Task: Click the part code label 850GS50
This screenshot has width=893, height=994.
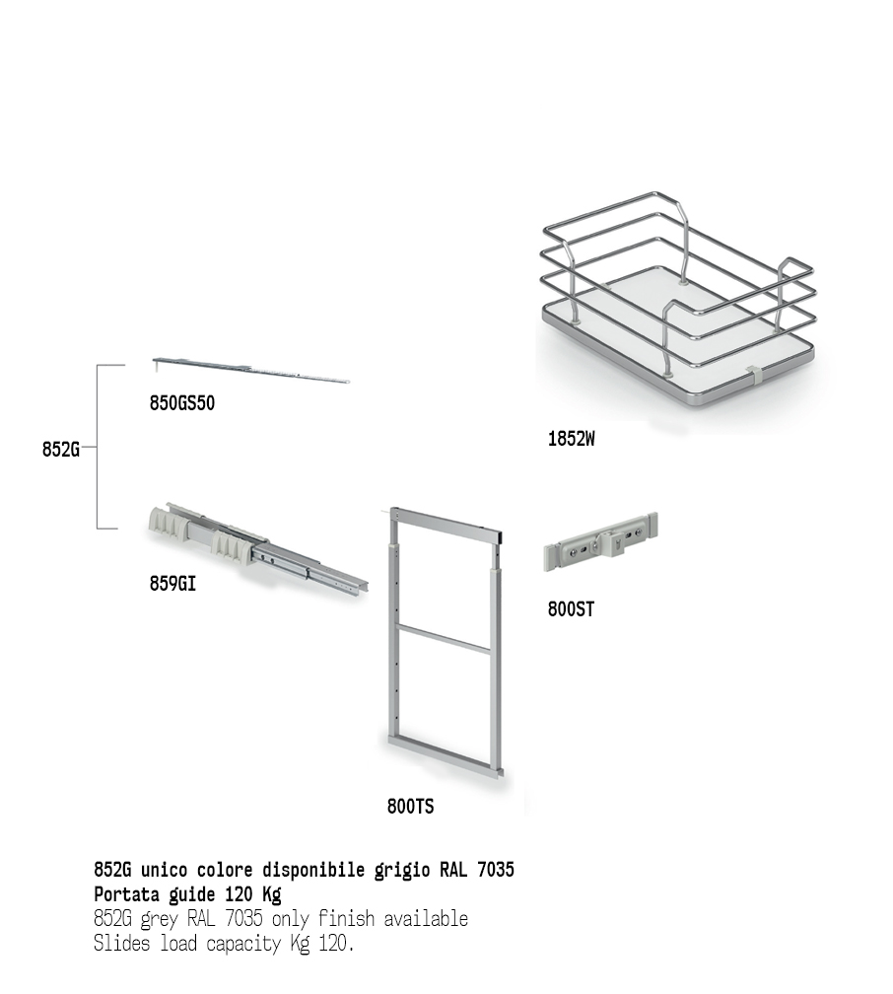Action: click(182, 403)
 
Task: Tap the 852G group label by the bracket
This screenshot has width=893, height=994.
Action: click(61, 449)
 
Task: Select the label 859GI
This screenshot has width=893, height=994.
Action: click(172, 583)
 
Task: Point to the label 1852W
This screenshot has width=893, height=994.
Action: click(571, 439)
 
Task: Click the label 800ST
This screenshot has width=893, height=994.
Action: click(571, 609)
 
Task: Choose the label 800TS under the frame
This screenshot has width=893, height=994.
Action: click(411, 807)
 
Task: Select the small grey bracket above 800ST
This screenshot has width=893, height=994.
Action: click(600, 541)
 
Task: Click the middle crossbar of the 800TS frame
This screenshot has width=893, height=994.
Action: click(443, 638)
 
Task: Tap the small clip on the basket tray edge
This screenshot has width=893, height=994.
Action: click(753, 376)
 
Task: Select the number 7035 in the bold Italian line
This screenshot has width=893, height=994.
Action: click(496, 869)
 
